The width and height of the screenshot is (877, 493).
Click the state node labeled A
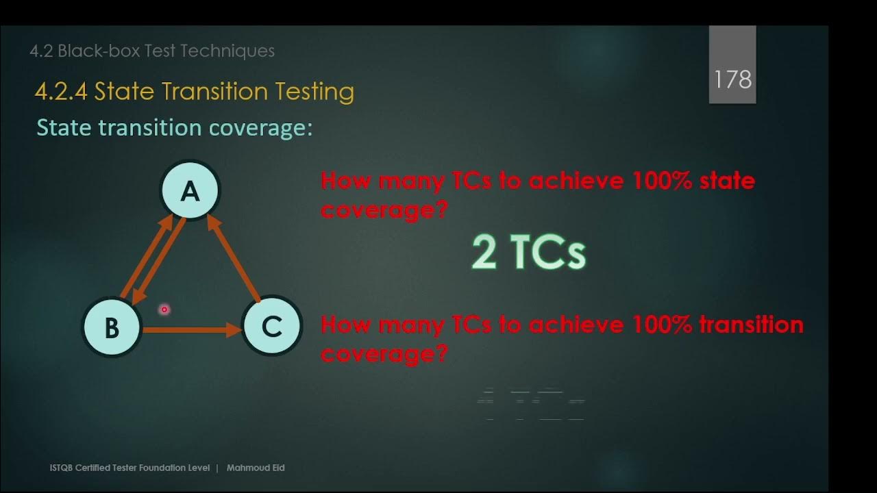190,191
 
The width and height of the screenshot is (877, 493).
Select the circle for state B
112,327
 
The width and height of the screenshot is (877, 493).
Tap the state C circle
272,327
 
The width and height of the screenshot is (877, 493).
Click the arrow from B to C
191,330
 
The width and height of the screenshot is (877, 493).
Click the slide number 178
732,79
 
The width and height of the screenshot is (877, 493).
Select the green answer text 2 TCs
528,252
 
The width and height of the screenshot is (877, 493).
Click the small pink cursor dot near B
164,309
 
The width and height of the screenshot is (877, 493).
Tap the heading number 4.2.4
61,92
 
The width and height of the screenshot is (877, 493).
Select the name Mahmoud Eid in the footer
256,468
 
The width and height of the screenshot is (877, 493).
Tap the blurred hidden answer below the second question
530,404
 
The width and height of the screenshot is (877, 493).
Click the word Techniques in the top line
232,51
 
